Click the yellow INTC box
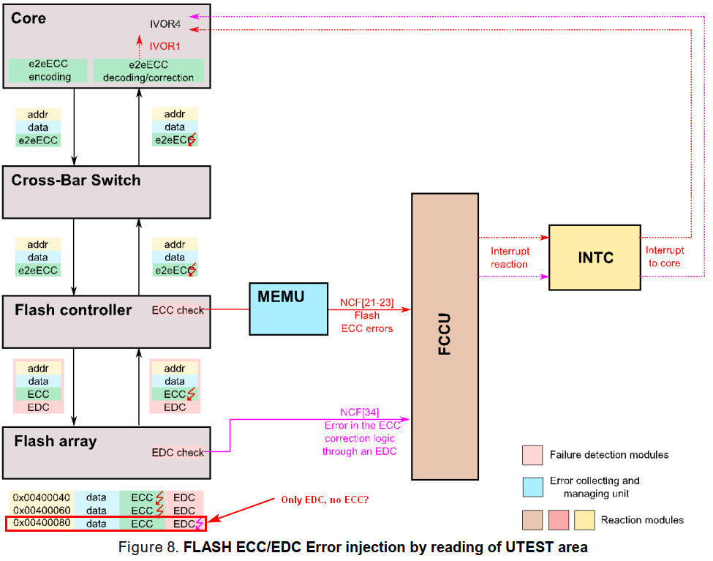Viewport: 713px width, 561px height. [x=594, y=257]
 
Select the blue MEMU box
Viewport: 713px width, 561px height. [x=288, y=309]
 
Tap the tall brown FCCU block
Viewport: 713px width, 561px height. [x=445, y=336]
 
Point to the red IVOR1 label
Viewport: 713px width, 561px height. [x=165, y=45]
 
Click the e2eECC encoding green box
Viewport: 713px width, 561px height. [x=50, y=71]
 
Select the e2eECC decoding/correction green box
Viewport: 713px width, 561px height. [x=148, y=71]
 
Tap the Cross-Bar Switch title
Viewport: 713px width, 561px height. [x=75, y=180]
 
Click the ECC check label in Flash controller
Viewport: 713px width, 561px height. [x=178, y=309]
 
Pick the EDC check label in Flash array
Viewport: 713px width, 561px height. [x=178, y=453]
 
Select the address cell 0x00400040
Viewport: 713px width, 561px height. [x=42, y=497]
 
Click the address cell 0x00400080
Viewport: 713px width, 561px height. [x=42, y=524]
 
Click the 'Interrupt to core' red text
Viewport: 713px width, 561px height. [x=665, y=257]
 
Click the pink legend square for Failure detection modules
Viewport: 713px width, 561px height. [x=532, y=454]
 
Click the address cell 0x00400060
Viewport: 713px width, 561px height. [x=42, y=511]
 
